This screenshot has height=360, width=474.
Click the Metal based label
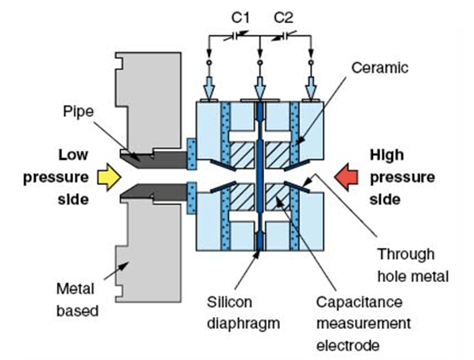(x=77, y=297)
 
